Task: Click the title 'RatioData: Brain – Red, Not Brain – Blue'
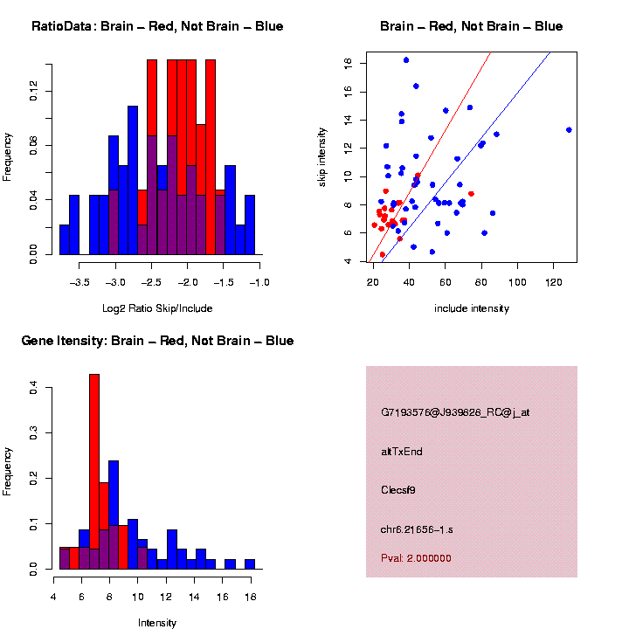coord(157,26)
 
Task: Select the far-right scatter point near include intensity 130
coord(569,129)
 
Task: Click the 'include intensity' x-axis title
coord(472,308)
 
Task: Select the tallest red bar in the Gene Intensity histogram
coord(94,472)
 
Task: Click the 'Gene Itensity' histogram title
coord(157,341)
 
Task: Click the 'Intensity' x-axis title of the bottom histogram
coord(157,623)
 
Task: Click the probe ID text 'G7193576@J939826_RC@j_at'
coord(455,412)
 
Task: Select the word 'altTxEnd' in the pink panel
coord(402,452)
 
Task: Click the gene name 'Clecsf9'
coord(398,490)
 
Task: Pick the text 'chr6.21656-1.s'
coord(416,529)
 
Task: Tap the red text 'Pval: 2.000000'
coord(416,557)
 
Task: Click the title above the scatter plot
coord(472,26)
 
